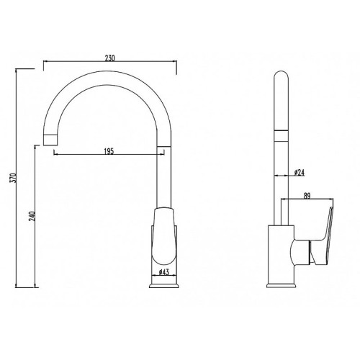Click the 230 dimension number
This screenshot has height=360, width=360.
tap(110, 58)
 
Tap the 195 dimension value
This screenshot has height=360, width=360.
tap(109, 151)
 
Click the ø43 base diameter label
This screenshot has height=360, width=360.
tap(164, 272)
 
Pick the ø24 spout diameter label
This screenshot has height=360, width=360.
tap(300, 172)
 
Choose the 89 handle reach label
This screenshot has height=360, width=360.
tap(307, 196)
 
